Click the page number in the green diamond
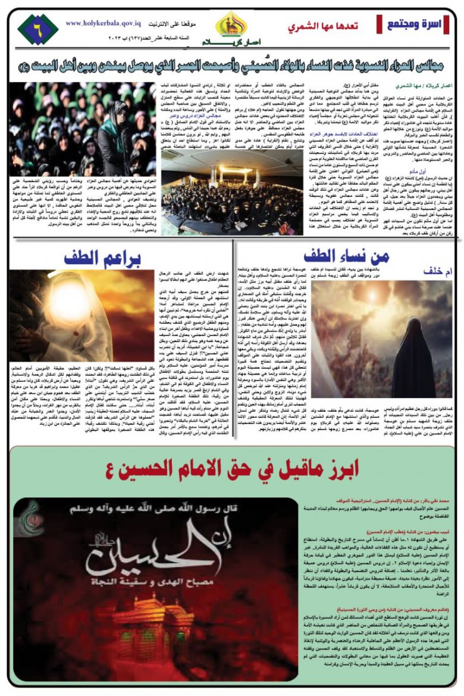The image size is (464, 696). click(x=37, y=28)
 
